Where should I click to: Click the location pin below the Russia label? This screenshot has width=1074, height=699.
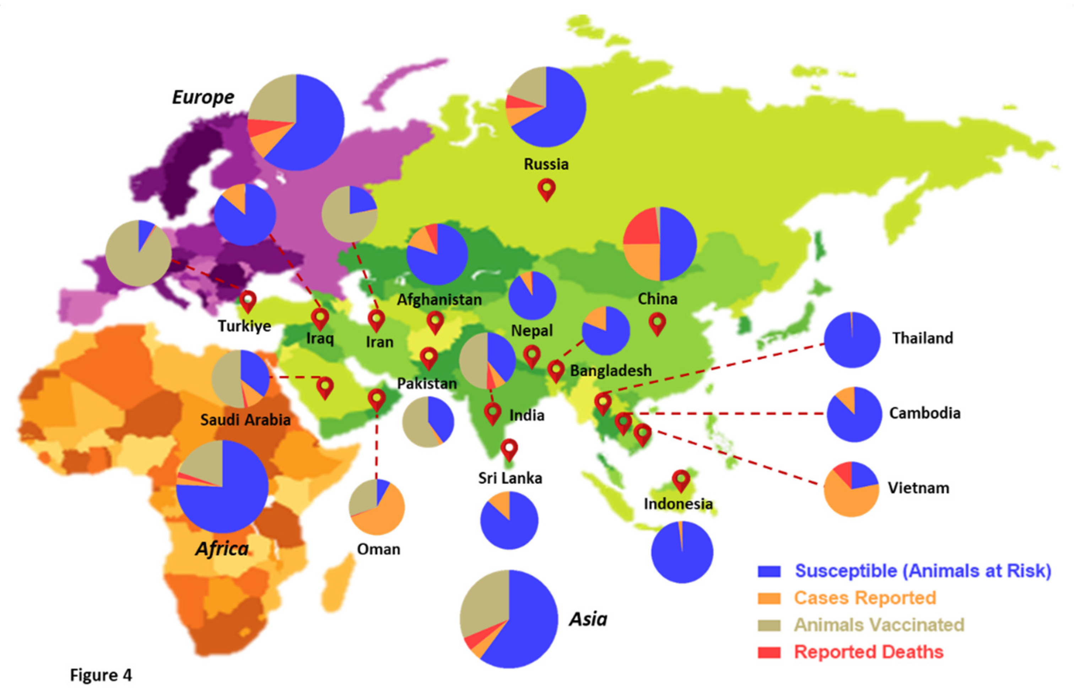(546, 188)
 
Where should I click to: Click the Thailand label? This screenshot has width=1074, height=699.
(922, 338)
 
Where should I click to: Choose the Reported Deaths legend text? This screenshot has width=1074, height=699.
(869, 652)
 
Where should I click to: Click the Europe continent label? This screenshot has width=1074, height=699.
(203, 97)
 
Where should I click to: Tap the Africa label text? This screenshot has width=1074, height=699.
(222, 549)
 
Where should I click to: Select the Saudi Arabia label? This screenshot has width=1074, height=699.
(245, 420)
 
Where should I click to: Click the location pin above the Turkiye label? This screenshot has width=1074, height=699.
(248, 300)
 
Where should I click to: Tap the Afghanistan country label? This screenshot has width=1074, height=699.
(439, 299)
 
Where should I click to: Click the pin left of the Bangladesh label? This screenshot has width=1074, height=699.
(556, 370)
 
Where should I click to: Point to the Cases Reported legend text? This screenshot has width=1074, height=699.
(865, 598)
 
